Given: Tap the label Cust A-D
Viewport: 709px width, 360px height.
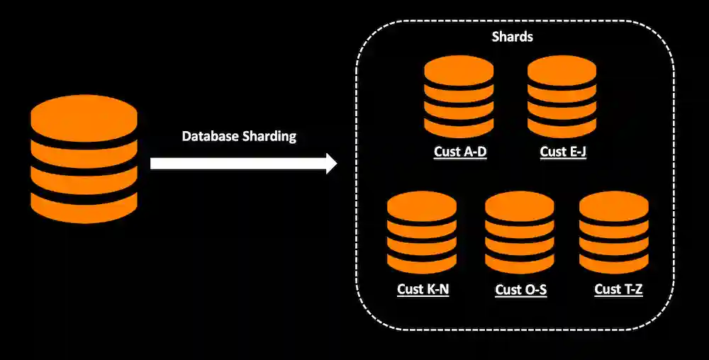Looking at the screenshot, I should pyautogui.click(x=460, y=152).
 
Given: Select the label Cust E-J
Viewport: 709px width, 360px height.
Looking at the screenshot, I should pyautogui.click(x=563, y=152).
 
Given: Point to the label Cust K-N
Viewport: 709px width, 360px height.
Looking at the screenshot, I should pyautogui.click(x=423, y=289).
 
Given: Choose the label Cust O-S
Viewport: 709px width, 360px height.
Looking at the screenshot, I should pyautogui.click(x=520, y=289).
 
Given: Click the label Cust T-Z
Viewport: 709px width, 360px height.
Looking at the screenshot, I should pyautogui.click(x=618, y=289).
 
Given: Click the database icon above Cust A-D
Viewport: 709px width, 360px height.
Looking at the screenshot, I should pyautogui.click(x=459, y=97).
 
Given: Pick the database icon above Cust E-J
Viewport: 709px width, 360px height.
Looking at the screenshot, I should pyautogui.click(x=562, y=97).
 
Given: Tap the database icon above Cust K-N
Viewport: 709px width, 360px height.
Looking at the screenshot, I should pyautogui.click(x=422, y=233).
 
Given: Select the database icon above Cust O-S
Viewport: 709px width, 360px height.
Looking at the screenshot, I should pyautogui.click(x=520, y=233).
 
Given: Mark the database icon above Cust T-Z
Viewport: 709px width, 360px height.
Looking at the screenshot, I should pyautogui.click(x=614, y=233).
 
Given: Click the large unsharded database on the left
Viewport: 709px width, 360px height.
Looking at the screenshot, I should pyautogui.click(x=84, y=159).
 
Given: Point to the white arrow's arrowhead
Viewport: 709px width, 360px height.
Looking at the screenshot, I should pyautogui.click(x=330, y=164).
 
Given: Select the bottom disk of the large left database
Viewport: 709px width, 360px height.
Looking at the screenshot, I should pyautogui.click(x=84, y=207).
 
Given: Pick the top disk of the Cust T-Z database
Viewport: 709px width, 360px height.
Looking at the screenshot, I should pyautogui.click(x=614, y=206).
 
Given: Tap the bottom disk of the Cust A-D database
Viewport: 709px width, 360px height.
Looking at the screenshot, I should pyautogui.click(x=459, y=127).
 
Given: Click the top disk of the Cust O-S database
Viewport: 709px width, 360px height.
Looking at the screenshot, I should pyautogui.click(x=520, y=206).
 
